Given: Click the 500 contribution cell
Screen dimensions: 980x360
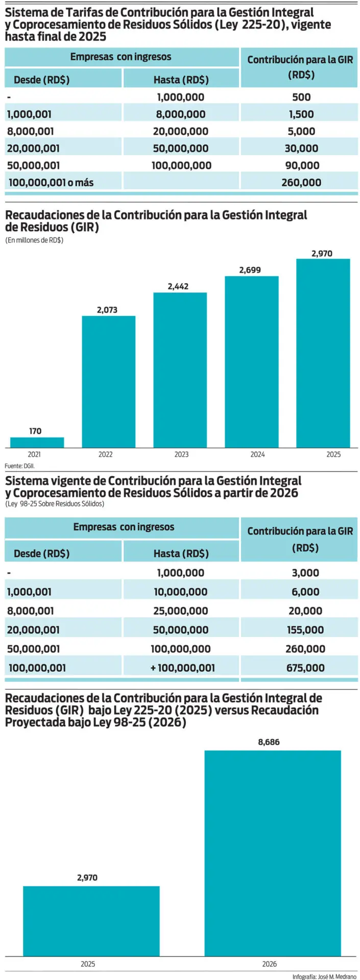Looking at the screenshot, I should tap(301, 97).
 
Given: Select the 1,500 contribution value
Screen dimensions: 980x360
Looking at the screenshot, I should tap(301, 114).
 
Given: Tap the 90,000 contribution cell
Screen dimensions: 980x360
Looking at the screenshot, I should tap(301, 165).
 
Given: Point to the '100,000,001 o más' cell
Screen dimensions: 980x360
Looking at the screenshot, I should tap(51, 182).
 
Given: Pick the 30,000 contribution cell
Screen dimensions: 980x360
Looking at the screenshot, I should tap(301, 149).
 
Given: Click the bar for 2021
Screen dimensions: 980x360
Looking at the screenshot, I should tap(37, 443).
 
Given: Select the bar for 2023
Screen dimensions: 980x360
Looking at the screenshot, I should tap(180, 370).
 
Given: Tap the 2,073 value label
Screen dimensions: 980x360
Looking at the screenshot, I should tap(107, 310).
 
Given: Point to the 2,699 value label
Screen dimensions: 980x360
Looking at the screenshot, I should tap(250, 270).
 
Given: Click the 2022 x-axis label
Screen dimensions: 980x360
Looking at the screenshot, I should tap(106, 454).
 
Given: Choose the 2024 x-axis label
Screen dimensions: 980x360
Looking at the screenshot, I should tap(257, 454).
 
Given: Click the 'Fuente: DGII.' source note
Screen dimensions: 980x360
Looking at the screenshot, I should tap(20, 465).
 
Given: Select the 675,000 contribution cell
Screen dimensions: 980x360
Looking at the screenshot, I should tap(305, 668).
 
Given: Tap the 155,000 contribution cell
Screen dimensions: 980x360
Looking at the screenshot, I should tap(305, 630).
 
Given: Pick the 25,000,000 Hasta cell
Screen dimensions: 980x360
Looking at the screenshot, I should tap(181, 611).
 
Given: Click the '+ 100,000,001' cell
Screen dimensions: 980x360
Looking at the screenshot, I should tap(182, 668).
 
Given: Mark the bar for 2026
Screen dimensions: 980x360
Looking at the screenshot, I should tap(273, 852).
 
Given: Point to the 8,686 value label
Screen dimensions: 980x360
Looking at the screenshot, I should tap(269, 742).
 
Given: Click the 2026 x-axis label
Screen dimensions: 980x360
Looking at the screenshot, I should tap(270, 964).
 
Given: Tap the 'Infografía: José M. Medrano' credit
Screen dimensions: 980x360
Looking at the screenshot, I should tap(324, 976).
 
